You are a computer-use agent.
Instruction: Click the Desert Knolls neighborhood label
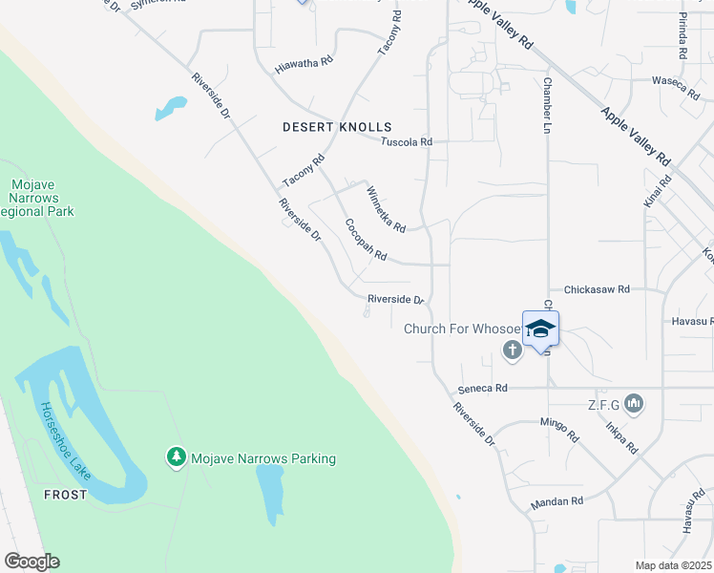coord(337,127)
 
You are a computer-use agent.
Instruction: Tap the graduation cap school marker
coord(540,329)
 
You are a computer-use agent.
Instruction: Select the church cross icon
coord(512,350)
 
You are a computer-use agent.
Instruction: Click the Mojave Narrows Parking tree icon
coord(176,458)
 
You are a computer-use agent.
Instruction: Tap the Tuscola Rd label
coord(407,142)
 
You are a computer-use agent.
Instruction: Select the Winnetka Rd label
coord(387,209)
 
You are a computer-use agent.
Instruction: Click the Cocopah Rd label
coord(366,240)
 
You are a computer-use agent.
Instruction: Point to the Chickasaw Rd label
coord(597,288)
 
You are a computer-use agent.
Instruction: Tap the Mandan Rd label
coord(556,501)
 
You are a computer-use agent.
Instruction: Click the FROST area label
coord(65,495)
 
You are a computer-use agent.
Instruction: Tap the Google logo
coord(31,562)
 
